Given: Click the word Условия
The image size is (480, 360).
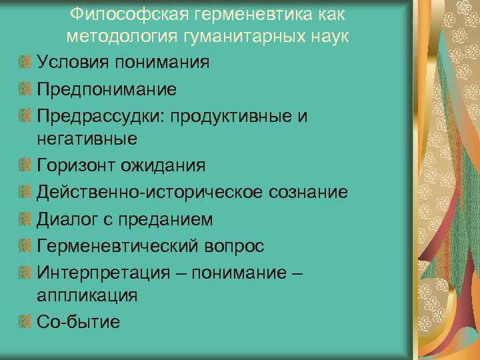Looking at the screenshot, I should point(73,63).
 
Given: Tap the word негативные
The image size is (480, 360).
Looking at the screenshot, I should point(87,139).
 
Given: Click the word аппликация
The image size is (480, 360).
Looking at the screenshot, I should point(87,296).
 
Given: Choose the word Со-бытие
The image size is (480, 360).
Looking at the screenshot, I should point(79,322).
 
